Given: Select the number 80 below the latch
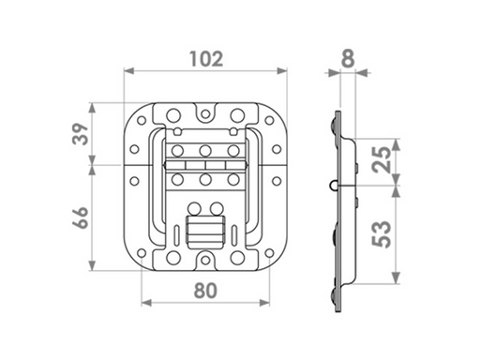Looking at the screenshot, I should tap(205, 290).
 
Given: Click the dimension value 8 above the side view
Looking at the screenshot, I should tap(348, 59).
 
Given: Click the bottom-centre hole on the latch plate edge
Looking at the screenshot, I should tap(203, 260).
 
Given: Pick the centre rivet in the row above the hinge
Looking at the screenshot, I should tap(202, 150).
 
